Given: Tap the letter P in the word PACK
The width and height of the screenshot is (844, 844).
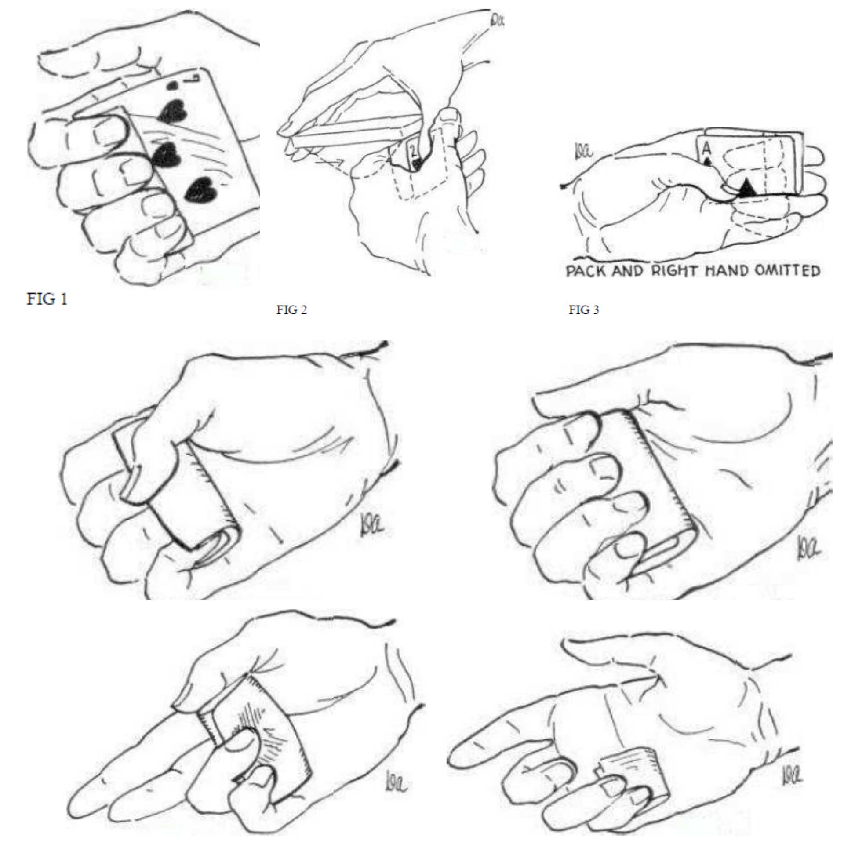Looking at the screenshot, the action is pyautogui.click(x=571, y=271).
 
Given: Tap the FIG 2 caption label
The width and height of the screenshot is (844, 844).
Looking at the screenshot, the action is pyautogui.click(x=291, y=310).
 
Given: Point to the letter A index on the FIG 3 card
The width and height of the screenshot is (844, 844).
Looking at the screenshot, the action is pyautogui.click(x=706, y=149).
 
